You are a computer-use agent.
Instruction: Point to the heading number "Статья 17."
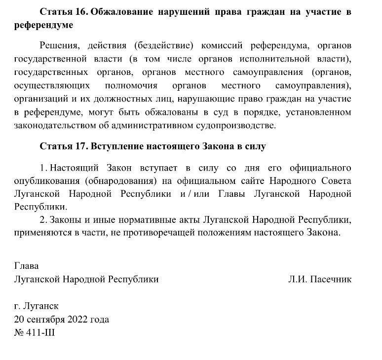63,146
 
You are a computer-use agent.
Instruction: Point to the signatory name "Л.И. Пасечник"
320,280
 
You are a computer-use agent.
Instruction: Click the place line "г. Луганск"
37,306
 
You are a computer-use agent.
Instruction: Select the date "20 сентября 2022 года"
62,320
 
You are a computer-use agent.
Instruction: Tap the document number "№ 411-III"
35,333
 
